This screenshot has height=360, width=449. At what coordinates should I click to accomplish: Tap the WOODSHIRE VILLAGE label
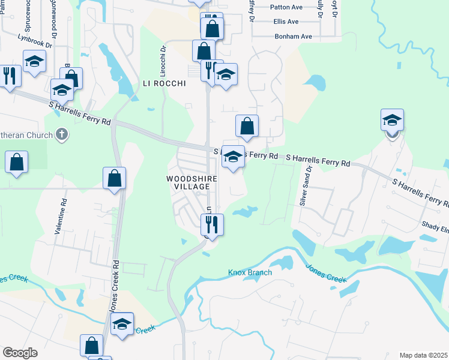188,182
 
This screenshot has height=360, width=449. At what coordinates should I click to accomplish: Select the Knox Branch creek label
250,273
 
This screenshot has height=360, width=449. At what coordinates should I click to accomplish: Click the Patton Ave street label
286,7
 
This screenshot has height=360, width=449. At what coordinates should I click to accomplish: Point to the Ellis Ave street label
286,22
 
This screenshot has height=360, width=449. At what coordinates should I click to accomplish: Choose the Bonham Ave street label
293,37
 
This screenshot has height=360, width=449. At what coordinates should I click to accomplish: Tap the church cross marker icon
61,134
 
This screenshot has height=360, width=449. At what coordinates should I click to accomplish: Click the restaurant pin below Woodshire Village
211,225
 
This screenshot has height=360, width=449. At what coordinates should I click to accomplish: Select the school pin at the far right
393,120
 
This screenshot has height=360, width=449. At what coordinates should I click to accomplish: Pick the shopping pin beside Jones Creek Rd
114,178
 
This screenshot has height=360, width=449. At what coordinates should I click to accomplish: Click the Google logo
20,353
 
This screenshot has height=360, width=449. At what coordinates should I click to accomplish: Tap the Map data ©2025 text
423,355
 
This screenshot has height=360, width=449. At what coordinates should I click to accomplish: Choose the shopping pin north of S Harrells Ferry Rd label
247,126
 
